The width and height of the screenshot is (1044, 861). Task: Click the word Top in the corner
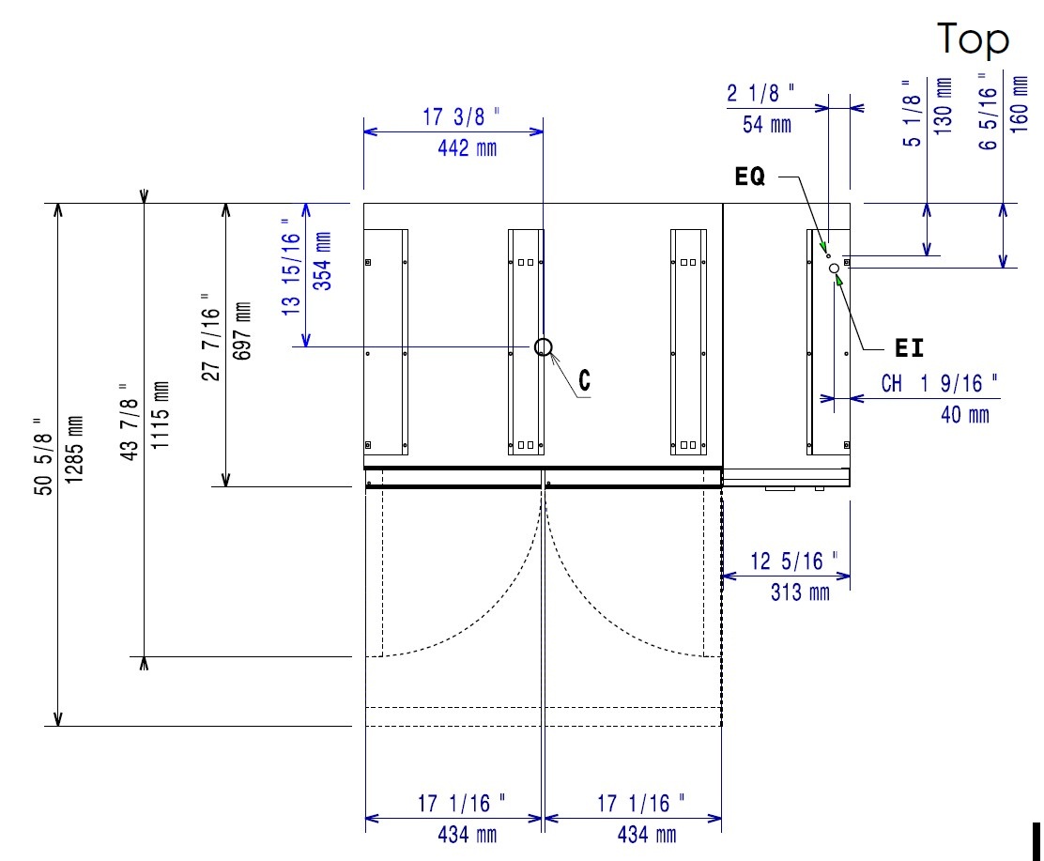[974, 38]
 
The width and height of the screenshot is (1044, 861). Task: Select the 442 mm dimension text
[467, 148]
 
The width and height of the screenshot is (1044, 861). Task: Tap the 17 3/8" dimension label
[460, 117]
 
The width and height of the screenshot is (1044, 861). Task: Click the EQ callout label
[751, 176]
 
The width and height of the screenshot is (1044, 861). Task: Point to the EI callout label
[909, 348]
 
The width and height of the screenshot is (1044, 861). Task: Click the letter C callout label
[584, 380]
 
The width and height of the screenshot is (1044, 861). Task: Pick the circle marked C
[543, 347]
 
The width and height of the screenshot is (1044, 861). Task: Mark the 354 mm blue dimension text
[321, 264]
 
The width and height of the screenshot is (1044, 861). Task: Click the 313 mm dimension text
[799, 592]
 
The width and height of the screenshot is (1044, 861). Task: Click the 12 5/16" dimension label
[787, 561]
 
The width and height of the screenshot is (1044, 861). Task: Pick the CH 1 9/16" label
[940, 383]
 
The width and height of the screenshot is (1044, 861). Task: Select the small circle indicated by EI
[834, 269]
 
